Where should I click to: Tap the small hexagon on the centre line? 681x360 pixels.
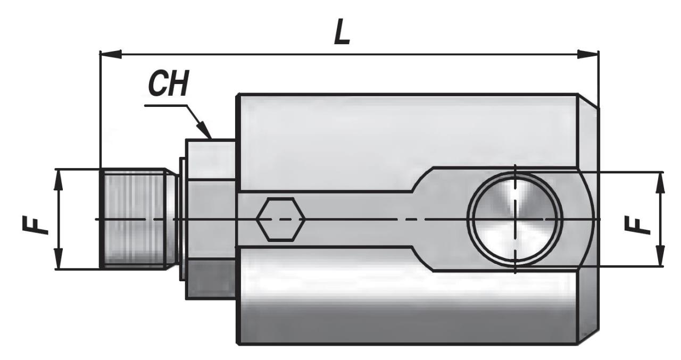pos(280,219)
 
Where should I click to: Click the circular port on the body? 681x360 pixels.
pos(515,219)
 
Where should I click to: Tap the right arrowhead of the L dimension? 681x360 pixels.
pos(588,53)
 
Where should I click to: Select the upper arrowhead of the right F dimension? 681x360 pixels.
pos(660,181)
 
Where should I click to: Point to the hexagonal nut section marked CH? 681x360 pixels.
pos(210,218)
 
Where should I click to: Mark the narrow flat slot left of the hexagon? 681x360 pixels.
pos(247,219)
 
